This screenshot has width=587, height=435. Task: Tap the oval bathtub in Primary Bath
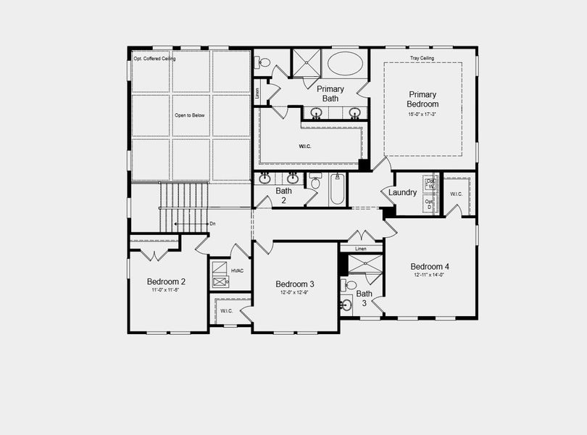[345, 64]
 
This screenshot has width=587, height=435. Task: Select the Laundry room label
[402, 192]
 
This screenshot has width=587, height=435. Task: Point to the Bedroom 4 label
[430, 266]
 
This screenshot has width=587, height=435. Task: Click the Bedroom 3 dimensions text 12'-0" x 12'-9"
[295, 293]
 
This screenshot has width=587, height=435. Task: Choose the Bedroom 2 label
[166, 282]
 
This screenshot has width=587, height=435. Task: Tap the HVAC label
[238, 270]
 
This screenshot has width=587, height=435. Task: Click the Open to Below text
[190, 115]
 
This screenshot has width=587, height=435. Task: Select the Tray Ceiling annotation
[422, 58]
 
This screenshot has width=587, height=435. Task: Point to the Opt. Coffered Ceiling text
[154, 58]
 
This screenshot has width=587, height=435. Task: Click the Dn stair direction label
[212, 224]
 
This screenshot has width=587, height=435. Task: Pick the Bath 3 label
[364, 294]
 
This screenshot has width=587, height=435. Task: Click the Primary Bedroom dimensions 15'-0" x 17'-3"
[422, 113]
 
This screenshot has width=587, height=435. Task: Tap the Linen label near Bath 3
[360, 249]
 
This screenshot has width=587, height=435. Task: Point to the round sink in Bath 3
[346, 305]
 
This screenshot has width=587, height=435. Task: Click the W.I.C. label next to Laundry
[456, 194]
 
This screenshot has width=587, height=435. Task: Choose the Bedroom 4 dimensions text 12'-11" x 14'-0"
[430, 274]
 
